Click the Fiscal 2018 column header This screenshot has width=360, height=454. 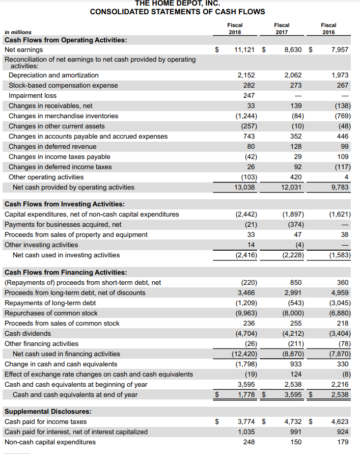(x=235, y=29)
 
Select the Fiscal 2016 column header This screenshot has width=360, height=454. (x=328, y=29)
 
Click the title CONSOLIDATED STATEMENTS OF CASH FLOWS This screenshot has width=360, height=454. (x=177, y=12)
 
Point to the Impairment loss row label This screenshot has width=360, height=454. (x=31, y=96)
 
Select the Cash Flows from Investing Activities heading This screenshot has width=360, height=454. (x=61, y=204)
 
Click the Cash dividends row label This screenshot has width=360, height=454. (x=27, y=334)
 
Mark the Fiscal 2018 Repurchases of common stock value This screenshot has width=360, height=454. (x=246, y=313)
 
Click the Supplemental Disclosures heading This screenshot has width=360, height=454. (x=48, y=412)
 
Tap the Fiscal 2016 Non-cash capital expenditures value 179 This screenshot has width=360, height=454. (x=343, y=442)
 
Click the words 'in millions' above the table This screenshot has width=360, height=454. (x=18, y=32)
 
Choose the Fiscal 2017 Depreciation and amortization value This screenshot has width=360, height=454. (x=293, y=75)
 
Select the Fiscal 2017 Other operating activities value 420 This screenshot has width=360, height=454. (x=295, y=177)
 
